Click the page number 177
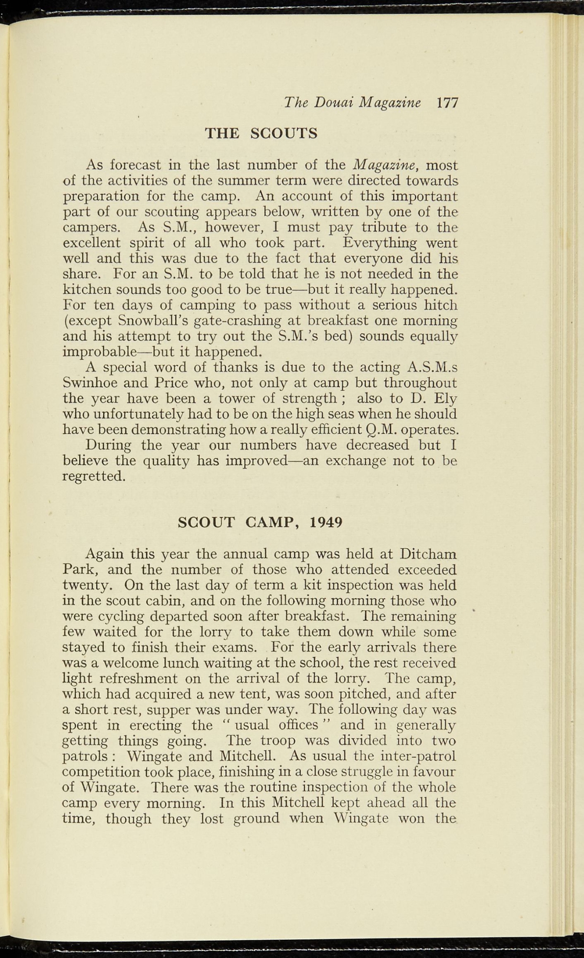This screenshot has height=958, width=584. point(447,103)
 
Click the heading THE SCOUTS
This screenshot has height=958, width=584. point(261,134)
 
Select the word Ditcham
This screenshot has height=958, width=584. point(428,554)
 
